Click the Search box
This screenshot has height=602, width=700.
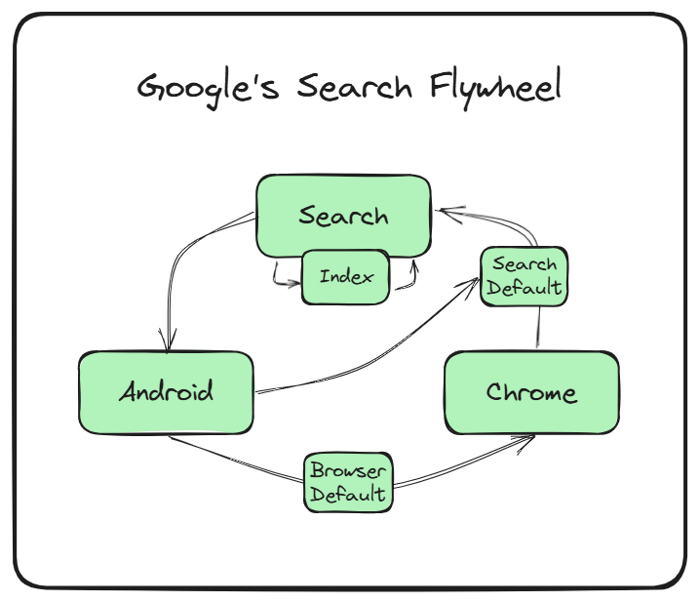click(343, 212)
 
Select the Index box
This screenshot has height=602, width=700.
click(346, 277)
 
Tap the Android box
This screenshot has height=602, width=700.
click(166, 392)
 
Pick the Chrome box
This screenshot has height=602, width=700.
click(531, 393)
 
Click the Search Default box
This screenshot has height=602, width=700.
click(525, 276)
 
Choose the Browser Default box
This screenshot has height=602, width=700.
click(348, 481)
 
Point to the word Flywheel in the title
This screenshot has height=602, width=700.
click(495, 88)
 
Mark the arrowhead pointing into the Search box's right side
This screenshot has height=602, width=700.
click(445, 211)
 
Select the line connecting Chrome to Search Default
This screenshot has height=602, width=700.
click(538, 327)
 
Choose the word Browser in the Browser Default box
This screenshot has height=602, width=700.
click(348, 470)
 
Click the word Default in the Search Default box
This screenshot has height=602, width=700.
click(525, 288)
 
